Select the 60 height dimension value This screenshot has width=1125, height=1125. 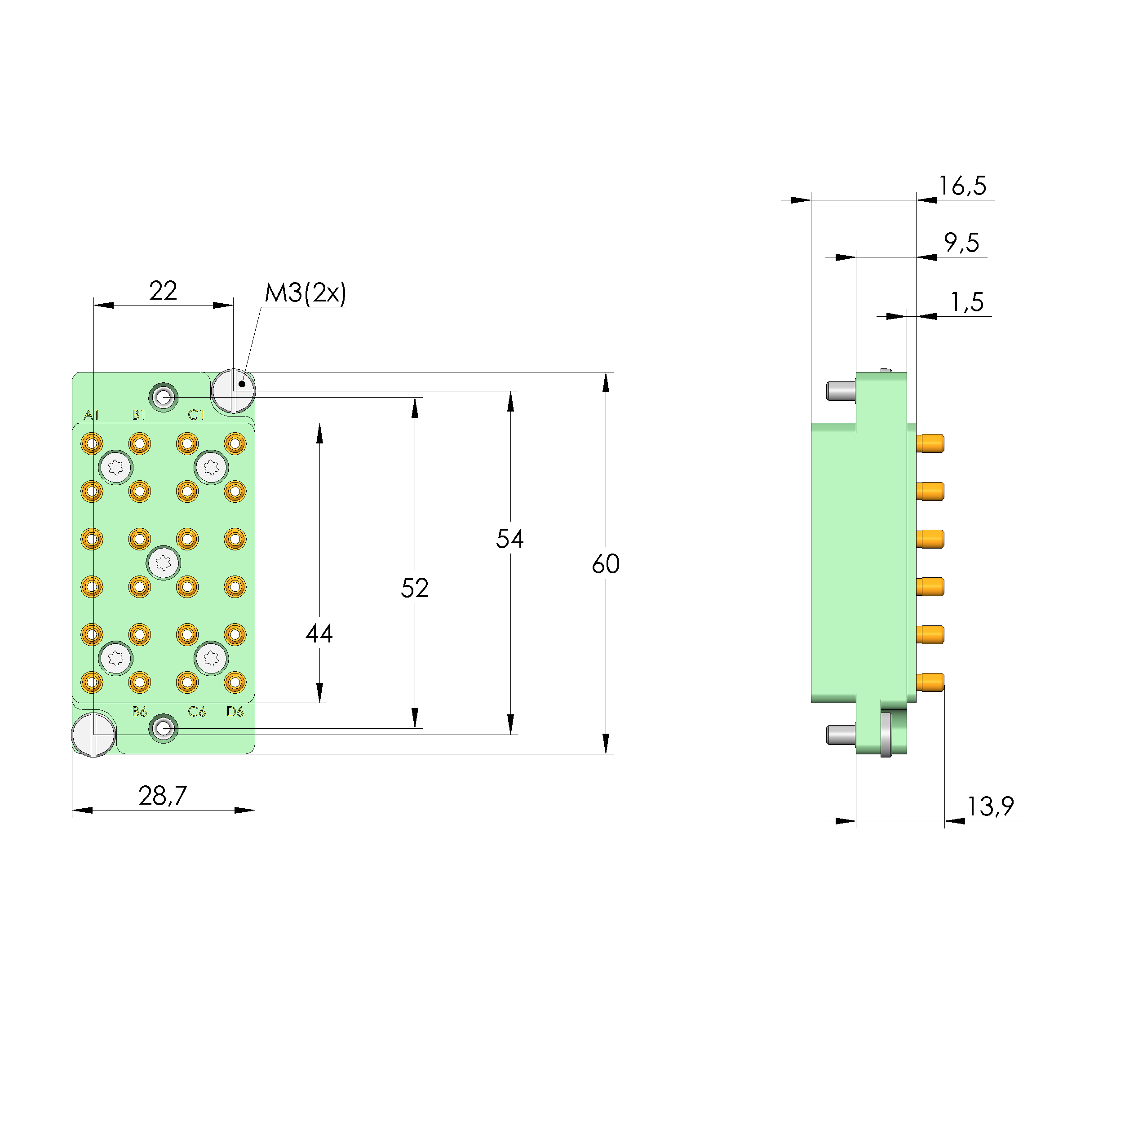click(605, 564)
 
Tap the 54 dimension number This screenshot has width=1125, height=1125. click(509, 539)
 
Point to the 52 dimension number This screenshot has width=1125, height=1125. click(414, 588)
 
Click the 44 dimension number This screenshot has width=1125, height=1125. click(319, 633)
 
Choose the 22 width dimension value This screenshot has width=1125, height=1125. click(163, 291)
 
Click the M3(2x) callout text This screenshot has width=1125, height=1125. click(305, 293)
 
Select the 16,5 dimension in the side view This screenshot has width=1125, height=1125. click(962, 186)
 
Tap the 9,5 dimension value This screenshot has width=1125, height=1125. click(961, 242)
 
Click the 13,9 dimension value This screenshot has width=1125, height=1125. click(990, 806)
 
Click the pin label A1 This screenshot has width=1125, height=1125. click(91, 415)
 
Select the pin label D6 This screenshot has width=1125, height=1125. click(235, 711)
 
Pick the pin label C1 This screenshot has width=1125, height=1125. click(196, 415)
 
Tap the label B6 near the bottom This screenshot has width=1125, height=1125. click(139, 711)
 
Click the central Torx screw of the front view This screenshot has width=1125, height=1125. click(164, 562)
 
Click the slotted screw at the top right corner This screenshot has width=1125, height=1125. click(233, 390)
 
